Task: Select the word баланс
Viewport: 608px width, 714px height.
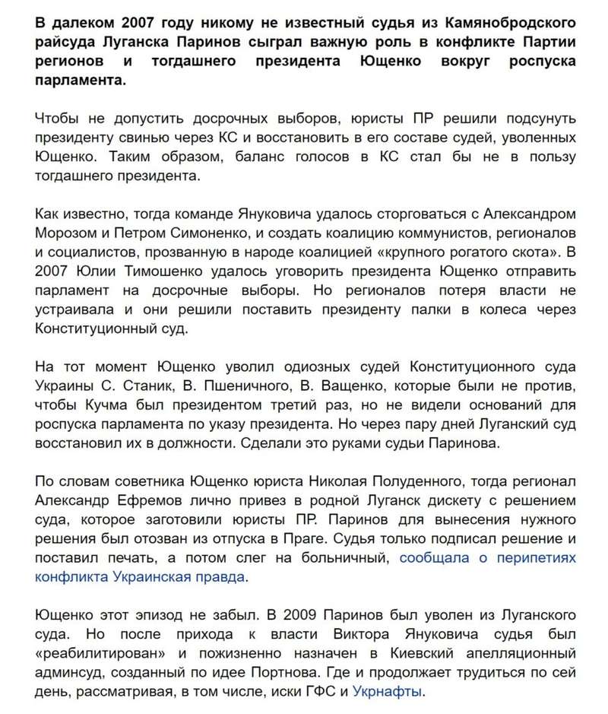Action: (x=293, y=157)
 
